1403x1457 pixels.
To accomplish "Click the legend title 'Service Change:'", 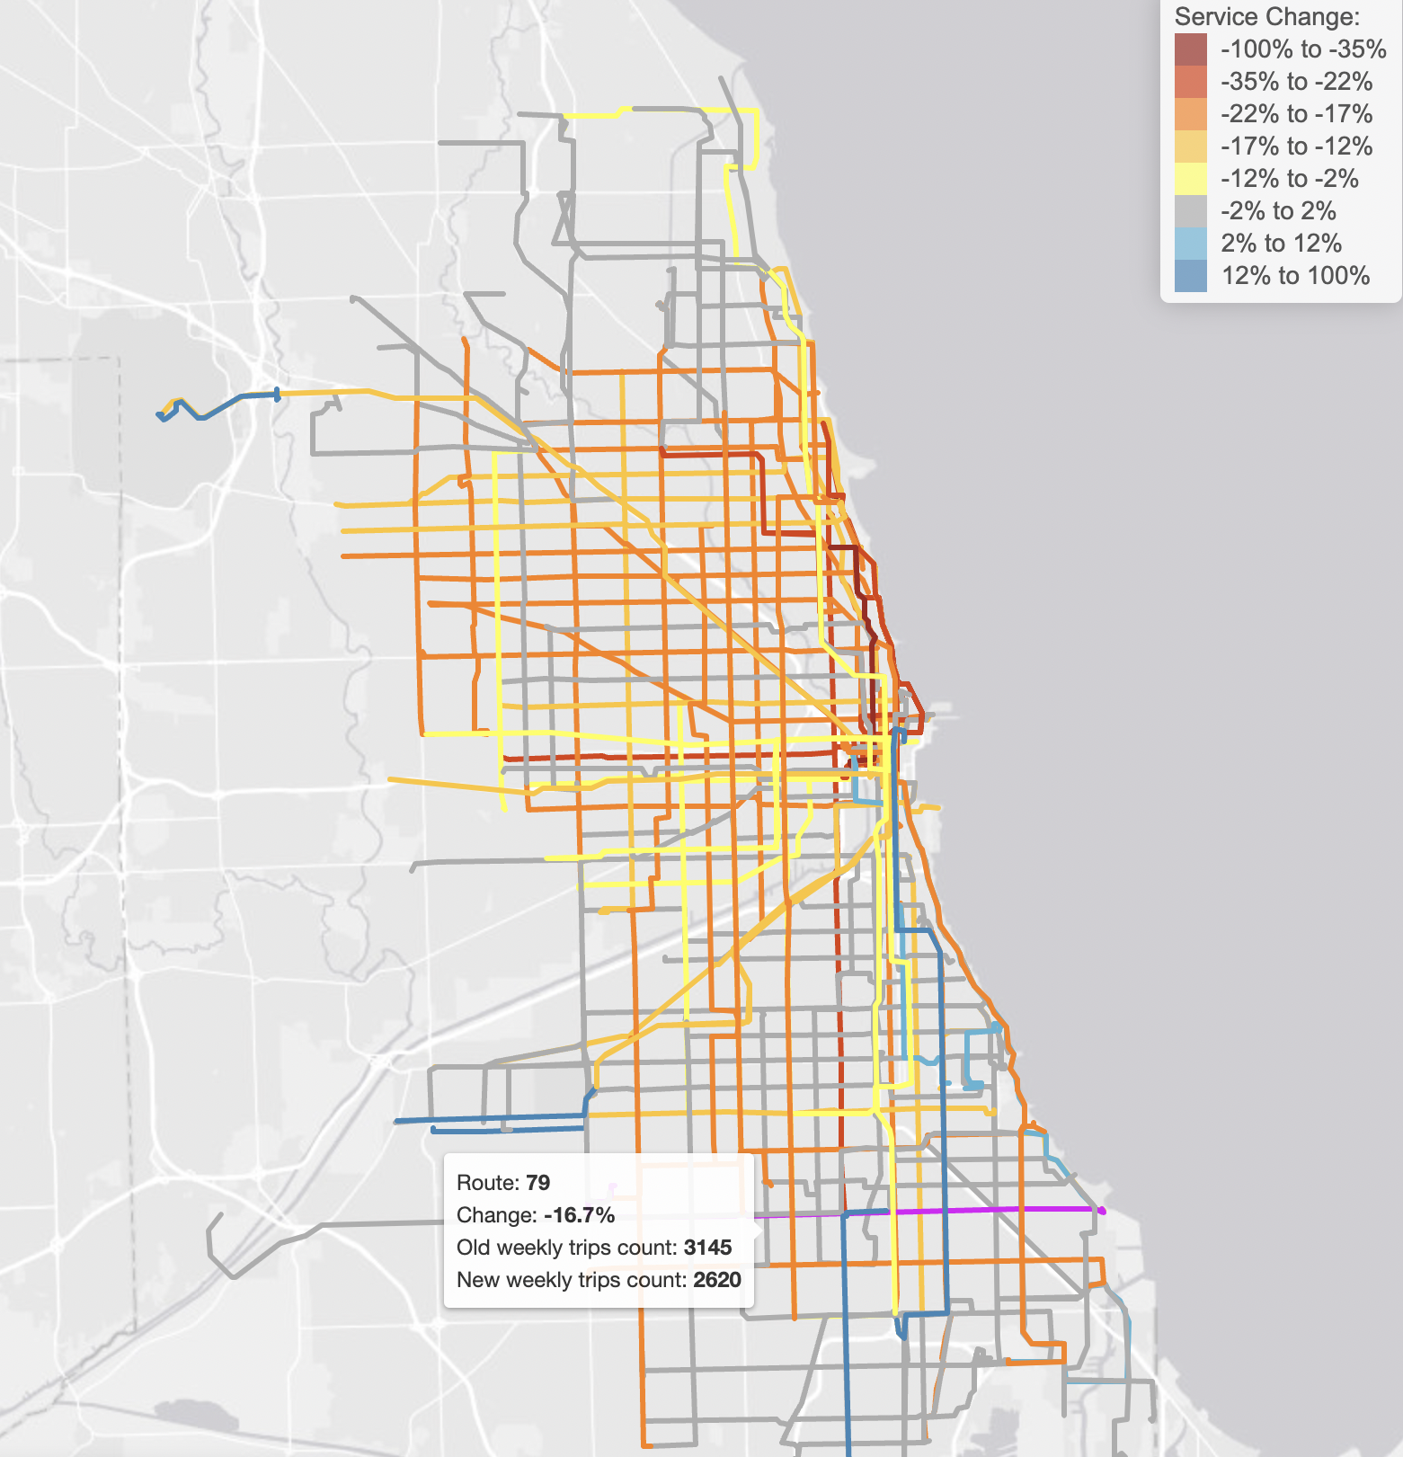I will pos(1266,17).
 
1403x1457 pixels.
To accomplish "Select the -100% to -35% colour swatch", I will pos(1190,49).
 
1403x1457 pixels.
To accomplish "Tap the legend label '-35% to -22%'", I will pos(1296,82).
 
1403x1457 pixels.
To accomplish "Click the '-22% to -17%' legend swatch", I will pos(1190,114).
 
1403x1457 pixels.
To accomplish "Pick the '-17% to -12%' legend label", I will pos(1296,147).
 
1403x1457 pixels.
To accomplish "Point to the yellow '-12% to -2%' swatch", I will pos(1190,179).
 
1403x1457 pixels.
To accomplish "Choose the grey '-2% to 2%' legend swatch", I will pos(1190,211).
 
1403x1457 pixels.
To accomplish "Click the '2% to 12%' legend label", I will pos(1281,244).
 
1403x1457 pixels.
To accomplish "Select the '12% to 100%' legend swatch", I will pos(1190,276).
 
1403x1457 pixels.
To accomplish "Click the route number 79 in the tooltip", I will pos(537,1183).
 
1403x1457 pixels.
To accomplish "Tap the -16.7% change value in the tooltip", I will pos(580,1215).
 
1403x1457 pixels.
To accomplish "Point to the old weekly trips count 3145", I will pos(707,1248).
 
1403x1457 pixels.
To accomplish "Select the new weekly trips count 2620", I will pos(716,1280).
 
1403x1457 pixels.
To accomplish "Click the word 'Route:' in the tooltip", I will pos(488,1183).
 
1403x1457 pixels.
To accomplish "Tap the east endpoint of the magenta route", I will pos(1102,1211).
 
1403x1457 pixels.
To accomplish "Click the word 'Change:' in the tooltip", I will pos(497,1215).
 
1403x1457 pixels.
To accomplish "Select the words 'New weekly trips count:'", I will pos(572,1280).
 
